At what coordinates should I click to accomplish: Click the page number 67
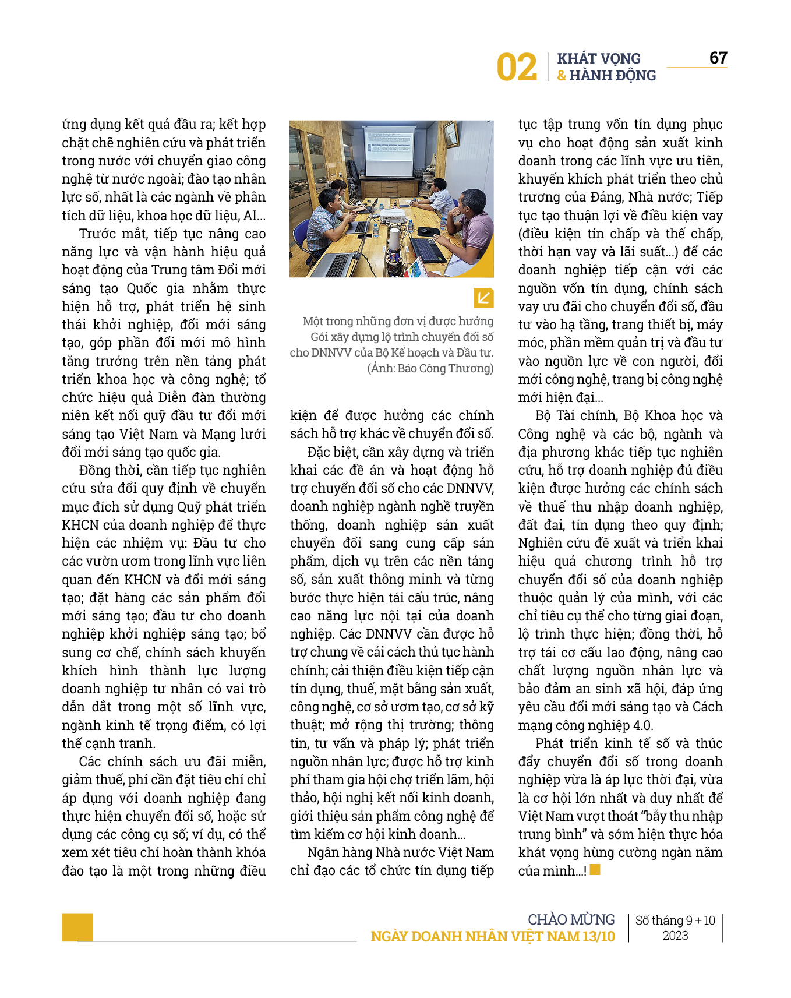pos(718,58)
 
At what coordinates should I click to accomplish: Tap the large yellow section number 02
pos(516,68)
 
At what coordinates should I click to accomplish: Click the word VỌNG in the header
pos(621,58)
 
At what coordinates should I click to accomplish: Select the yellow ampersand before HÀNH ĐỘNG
pos(562,75)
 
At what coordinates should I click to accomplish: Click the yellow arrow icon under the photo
pos(483,298)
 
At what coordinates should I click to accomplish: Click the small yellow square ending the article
pos(595,870)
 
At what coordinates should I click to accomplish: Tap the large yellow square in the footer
pos(77,927)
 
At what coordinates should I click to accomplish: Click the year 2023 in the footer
pos(675,936)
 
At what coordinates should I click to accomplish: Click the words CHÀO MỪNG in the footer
pos(571,919)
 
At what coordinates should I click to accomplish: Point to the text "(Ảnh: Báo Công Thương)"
pos(430,368)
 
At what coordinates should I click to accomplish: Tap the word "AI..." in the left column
pos(255,216)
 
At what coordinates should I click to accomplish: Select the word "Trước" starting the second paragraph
pos(97,234)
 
